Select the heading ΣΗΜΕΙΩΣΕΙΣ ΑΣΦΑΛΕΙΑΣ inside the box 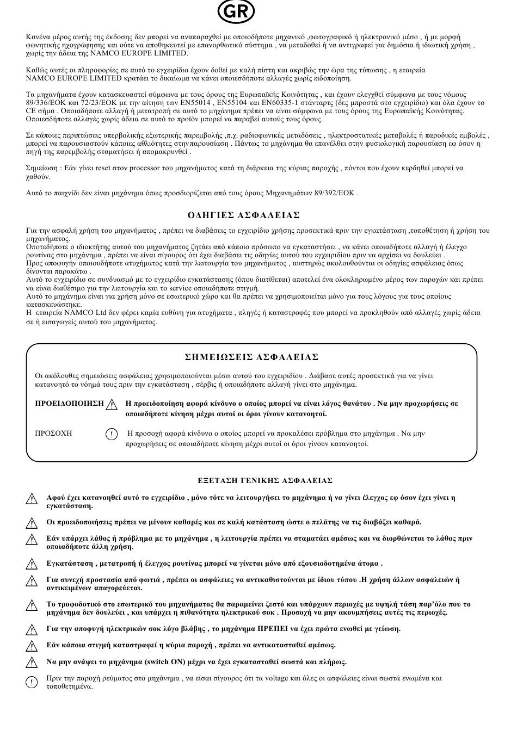tap(251, 357)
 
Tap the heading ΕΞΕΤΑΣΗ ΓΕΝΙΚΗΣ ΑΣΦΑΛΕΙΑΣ tap(265, 480)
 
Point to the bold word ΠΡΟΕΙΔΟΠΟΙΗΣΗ tap(69, 403)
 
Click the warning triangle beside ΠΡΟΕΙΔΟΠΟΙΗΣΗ tap(112, 404)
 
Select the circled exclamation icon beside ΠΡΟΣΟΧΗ tap(111, 434)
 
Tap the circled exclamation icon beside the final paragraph tap(32, 681)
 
